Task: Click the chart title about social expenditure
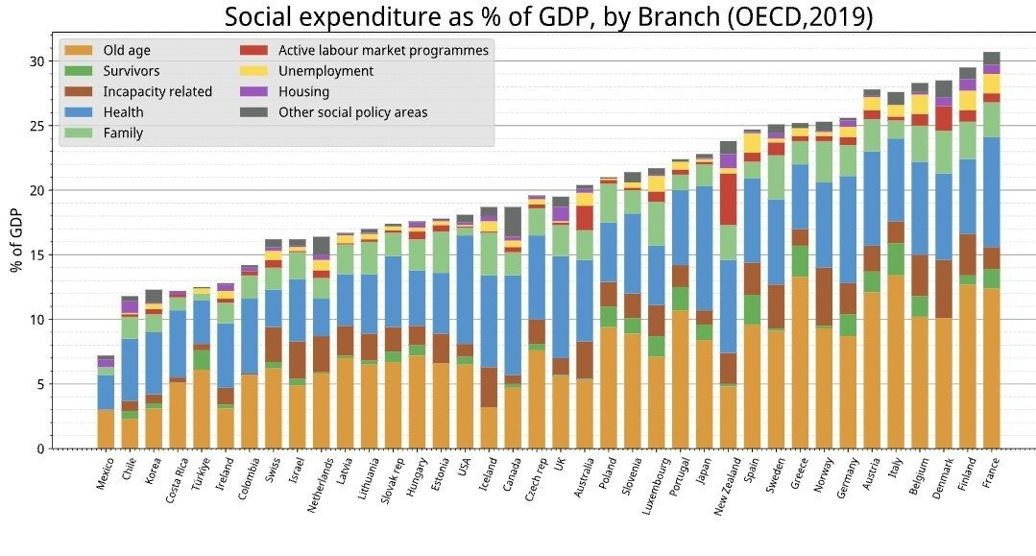[x=548, y=17]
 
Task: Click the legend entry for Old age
[x=126, y=50]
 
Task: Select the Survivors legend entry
[x=131, y=71]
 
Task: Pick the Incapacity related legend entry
[x=157, y=92]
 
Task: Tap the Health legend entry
[x=122, y=112]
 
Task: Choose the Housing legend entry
[x=303, y=92]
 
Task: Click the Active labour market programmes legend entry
[x=383, y=50]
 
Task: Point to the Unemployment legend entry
[x=325, y=71]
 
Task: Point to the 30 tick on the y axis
[x=37, y=61]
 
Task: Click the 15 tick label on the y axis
[x=37, y=255]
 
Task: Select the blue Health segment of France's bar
[x=992, y=192]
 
